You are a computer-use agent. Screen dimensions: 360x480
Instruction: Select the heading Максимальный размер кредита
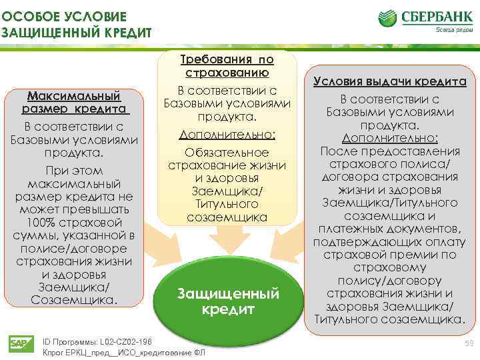coord(75,102)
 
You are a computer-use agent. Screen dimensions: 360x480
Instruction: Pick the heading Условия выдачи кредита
coord(390,81)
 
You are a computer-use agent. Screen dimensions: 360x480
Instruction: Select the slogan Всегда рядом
coord(449,30)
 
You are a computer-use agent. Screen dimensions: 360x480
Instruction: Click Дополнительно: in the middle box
coord(227,135)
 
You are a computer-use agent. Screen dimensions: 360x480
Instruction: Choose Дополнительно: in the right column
coord(390,138)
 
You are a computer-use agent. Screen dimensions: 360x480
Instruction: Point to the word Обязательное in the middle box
coord(227,153)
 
